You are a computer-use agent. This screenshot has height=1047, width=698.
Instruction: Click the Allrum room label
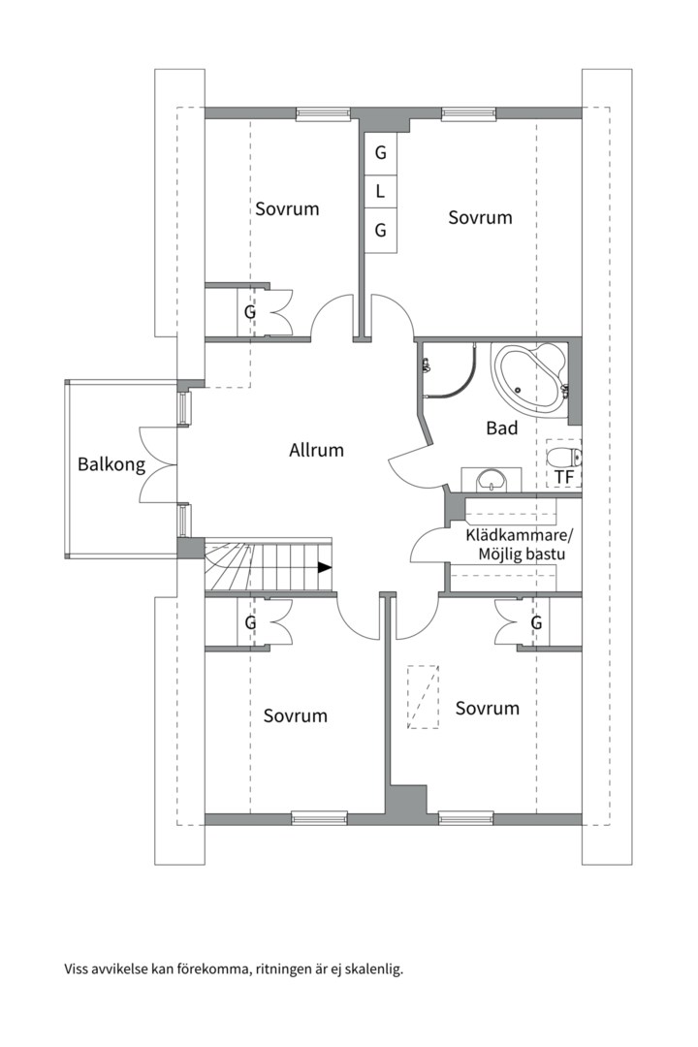click(316, 450)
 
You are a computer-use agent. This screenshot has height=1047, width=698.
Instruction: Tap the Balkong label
click(111, 464)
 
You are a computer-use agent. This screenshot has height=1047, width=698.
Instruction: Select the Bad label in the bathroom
click(501, 428)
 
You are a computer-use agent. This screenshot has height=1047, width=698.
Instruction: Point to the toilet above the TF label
click(563, 458)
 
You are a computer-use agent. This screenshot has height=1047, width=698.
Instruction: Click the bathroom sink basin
click(492, 480)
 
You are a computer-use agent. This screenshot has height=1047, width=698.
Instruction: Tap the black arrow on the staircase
click(325, 568)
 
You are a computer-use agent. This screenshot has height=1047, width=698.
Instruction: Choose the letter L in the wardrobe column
click(380, 192)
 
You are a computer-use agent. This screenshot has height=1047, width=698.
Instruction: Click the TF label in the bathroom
click(564, 477)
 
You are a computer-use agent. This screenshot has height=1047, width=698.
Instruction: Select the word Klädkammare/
click(519, 535)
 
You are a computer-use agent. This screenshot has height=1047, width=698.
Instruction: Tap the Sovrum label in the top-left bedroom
click(287, 209)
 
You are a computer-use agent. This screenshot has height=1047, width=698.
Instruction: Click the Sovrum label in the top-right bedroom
click(480, 218)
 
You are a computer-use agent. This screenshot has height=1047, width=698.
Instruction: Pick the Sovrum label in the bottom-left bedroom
click(296, 715)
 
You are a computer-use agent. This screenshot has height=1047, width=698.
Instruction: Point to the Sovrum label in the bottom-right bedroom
click(487, 709)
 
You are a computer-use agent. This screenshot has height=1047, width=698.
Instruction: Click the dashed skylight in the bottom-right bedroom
click(424, 697)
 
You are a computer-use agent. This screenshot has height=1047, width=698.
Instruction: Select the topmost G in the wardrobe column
click(380, 153)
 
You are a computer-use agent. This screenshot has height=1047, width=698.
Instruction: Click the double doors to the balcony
click(158, 464)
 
